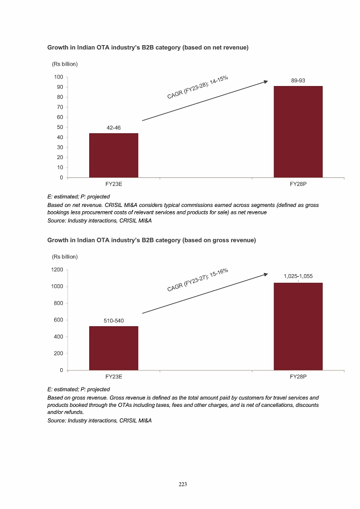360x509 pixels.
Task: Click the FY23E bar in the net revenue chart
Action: pos(113,155)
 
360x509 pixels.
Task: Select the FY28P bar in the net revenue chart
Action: pos(298,132)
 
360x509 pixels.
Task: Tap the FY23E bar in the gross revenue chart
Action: pos(113,348)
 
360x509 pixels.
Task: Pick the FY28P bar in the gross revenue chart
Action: pos(298,326)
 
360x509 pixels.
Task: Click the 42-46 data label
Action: pos(113,128)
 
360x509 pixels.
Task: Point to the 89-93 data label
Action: pos(298,81)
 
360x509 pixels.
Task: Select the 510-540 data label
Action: pos(113,321)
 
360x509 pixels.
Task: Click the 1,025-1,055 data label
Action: pos(298,276)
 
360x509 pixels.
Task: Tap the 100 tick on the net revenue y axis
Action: pos(56,77)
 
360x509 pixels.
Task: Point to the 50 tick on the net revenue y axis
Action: pos(58,127)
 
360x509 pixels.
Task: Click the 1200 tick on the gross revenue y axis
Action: pos(55,270)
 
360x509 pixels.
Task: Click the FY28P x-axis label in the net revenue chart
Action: pos(298,184)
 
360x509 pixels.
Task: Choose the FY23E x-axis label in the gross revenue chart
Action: pos(113,377)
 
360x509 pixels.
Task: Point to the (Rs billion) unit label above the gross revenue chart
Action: pos(64,256)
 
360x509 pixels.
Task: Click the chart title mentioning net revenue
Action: pos(148,48)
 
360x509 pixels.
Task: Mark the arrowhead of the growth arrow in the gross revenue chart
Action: pos(265,275)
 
